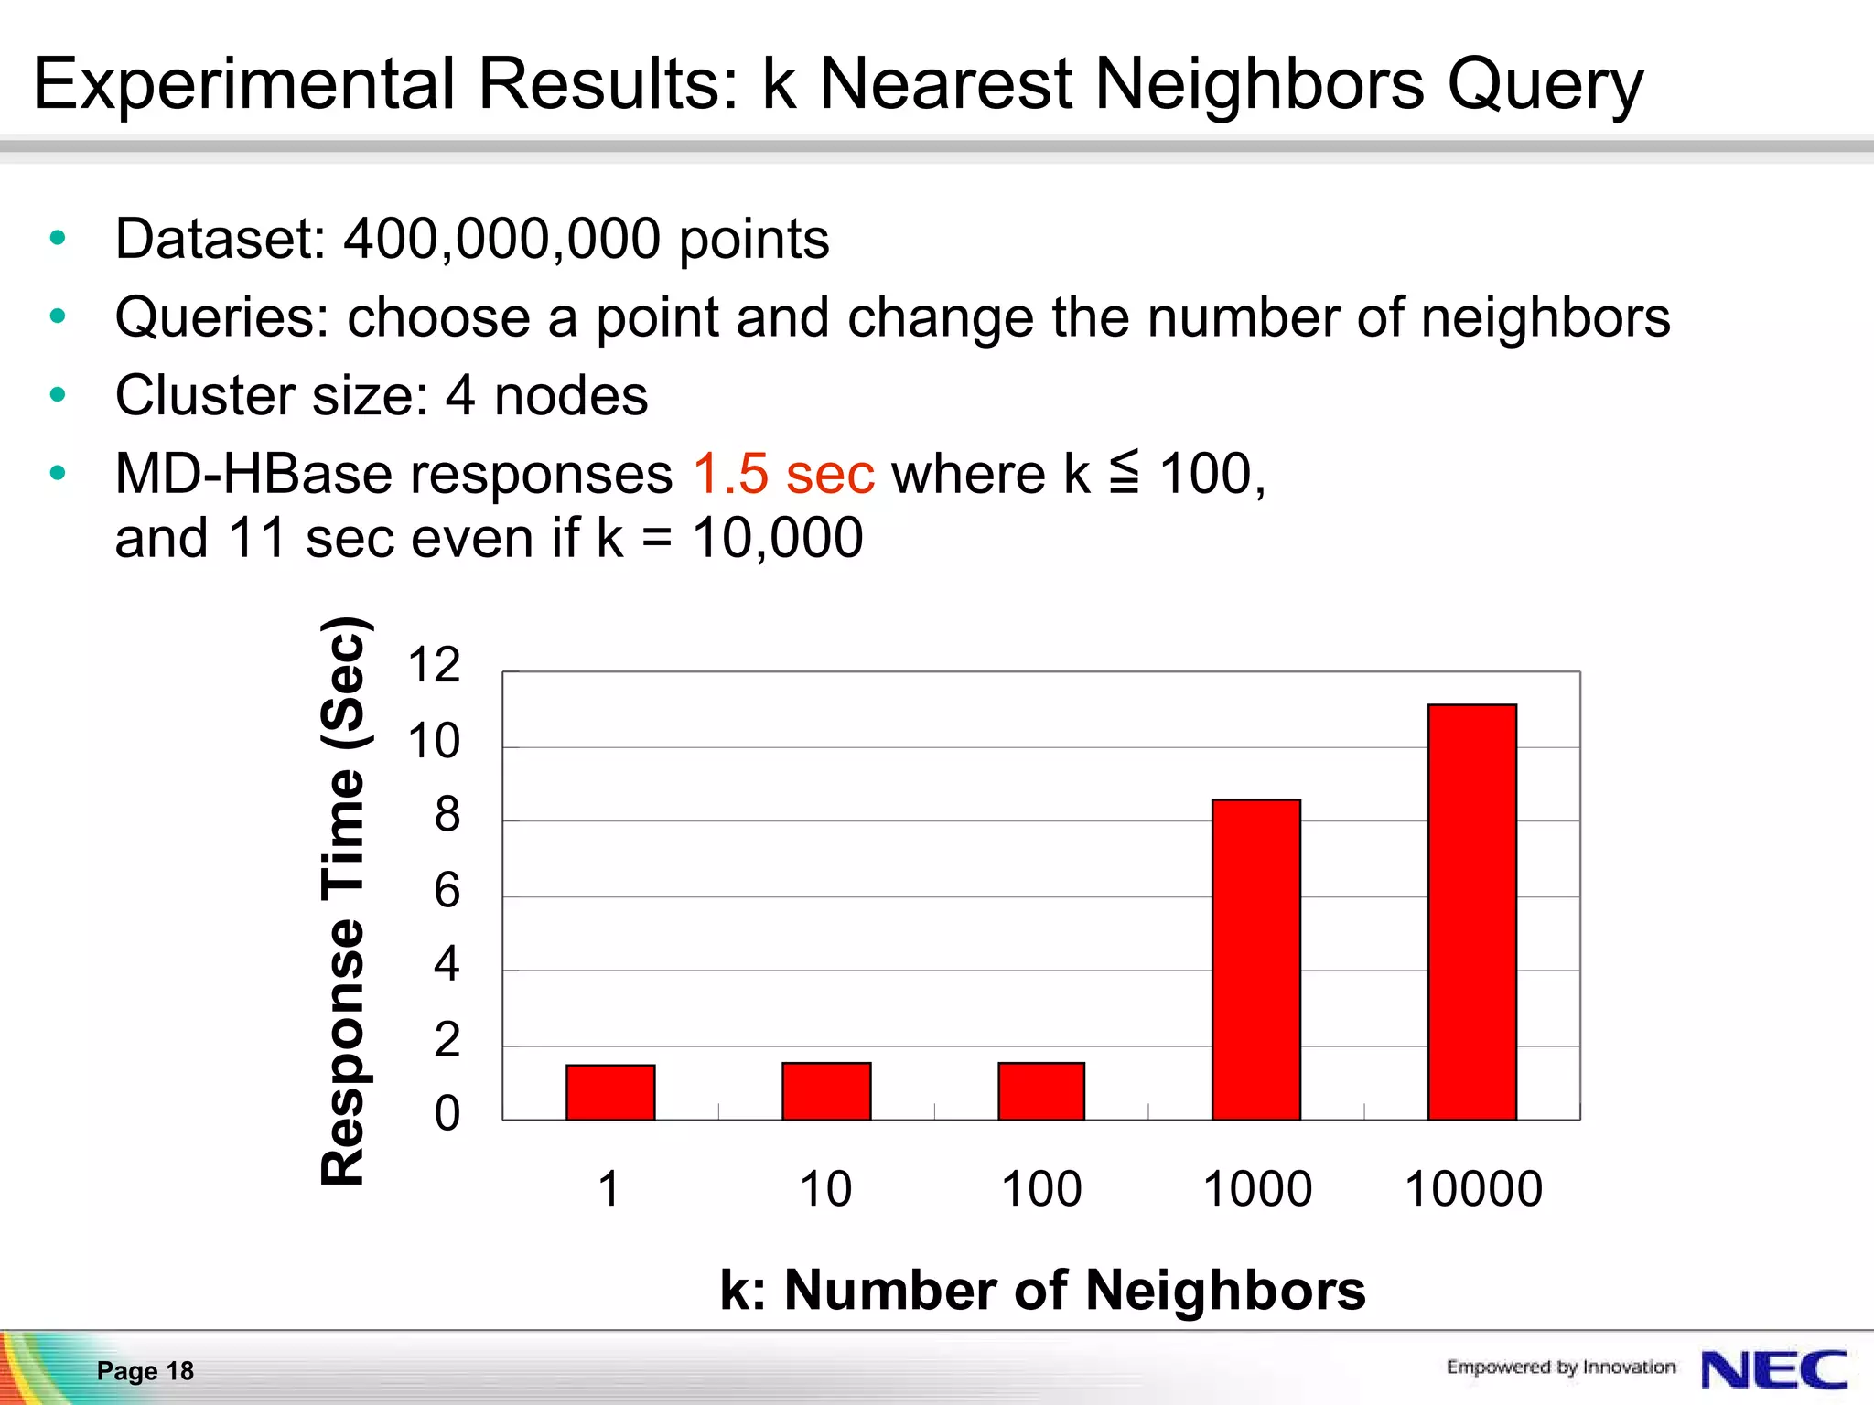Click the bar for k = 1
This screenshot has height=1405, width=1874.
tap(610, 1092)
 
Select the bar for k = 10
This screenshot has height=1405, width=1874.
tap(826, 1091)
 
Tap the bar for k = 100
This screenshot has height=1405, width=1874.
tap(1041, 1091)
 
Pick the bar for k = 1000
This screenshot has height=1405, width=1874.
tap(1256, 960)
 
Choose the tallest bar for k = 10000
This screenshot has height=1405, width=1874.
tap(1472, 912)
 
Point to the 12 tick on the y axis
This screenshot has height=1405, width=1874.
tap(434, 665)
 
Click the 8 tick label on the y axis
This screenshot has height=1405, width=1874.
tap(447, 815)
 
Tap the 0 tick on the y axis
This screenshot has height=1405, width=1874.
tap(447, 1114)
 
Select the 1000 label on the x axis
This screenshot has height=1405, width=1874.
tap(1257, 1189)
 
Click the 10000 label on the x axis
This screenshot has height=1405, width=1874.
tap(1473, 1189)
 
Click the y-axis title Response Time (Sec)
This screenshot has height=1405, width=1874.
tap(344, 901)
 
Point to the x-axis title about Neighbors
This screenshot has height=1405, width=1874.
tap(1042, 1291)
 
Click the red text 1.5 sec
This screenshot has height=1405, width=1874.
tap(783, 474)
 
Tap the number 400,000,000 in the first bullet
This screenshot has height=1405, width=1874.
tap(501, 240)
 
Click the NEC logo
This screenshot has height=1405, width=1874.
tap(1773, 1370)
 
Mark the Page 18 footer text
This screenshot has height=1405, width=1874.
tap(145, 1370)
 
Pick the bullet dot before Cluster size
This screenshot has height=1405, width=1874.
tap(59, 395)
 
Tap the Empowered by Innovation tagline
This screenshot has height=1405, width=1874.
tap(1560, 1367)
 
